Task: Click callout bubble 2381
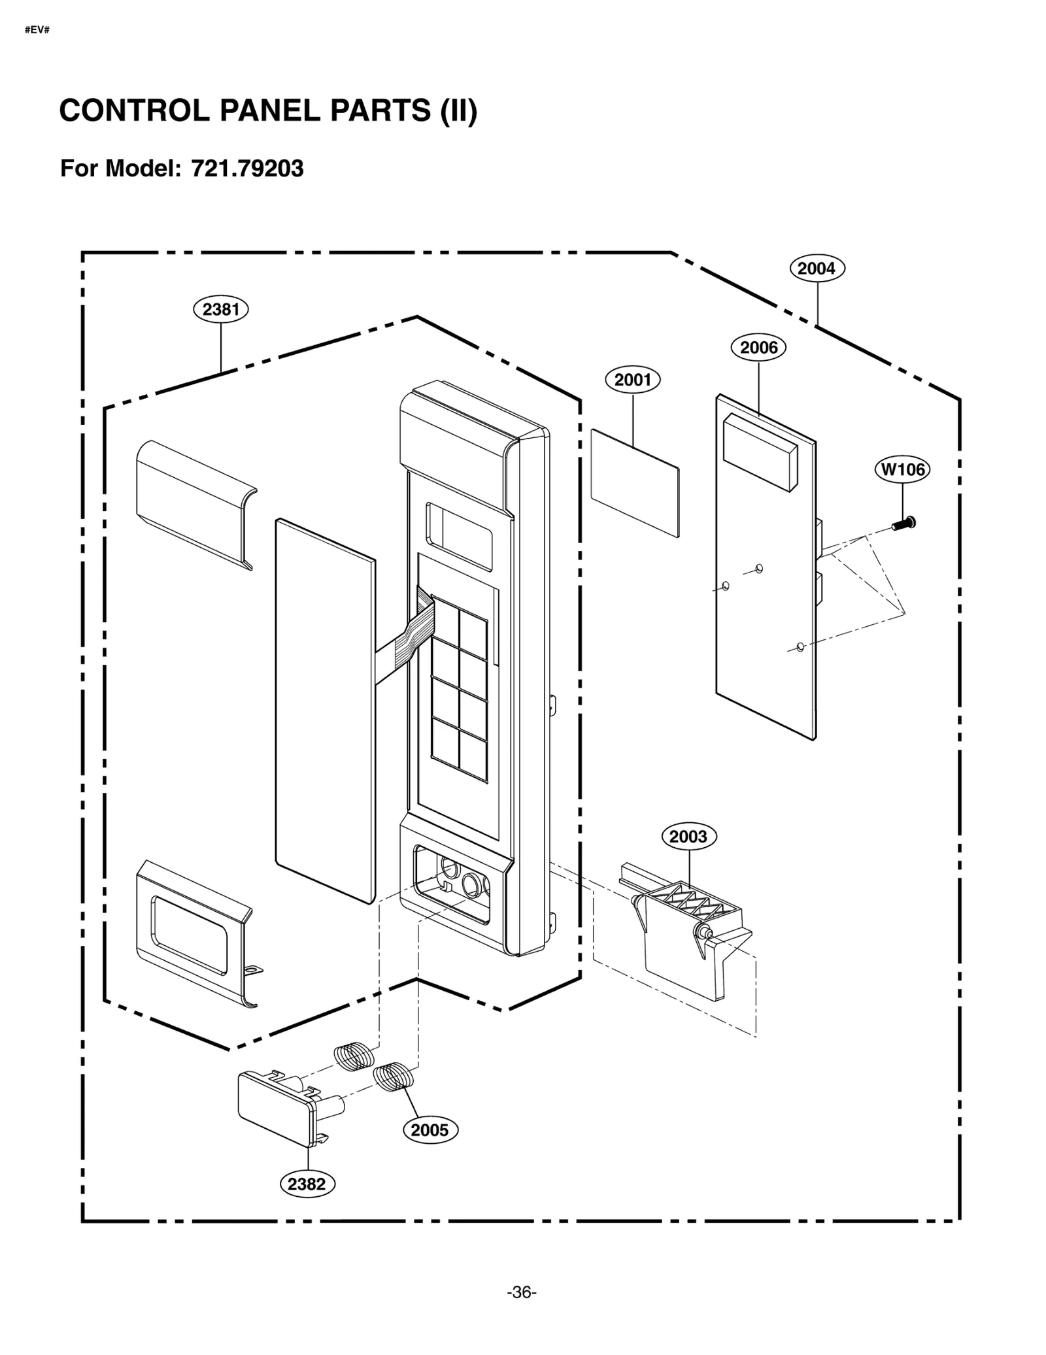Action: [220, 309]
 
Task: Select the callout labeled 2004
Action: [817, 268]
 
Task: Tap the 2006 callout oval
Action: [758, 347]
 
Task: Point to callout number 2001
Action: [632, 380]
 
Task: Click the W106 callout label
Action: [902, 469]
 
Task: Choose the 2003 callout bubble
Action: [688, 836]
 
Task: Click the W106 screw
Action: [903, 523]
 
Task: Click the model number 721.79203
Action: [247, 169]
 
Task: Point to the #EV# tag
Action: [37, 30]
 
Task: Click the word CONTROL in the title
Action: [134, 111]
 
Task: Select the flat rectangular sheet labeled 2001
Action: [634, 482]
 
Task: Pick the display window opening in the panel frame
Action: [458, 528]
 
